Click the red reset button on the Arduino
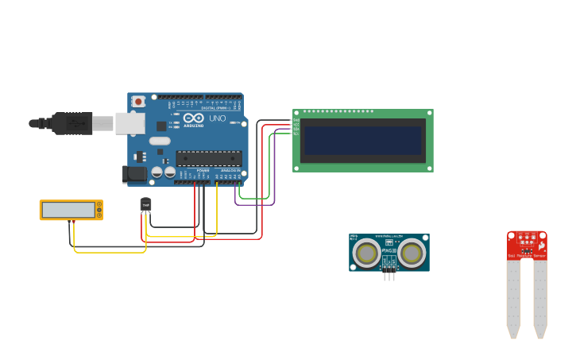138,101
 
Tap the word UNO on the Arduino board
217,118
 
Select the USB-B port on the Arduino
130,123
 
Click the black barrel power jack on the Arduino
134,172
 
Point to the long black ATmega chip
209,158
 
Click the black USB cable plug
72,123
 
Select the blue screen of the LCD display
362,141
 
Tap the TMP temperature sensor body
145,205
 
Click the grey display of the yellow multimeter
68,210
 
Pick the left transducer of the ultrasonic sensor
366,254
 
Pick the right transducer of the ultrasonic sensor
412,254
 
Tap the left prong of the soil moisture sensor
513,298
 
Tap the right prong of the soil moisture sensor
540,298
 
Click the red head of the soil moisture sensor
527,244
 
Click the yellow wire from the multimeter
111,252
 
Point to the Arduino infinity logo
194,118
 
